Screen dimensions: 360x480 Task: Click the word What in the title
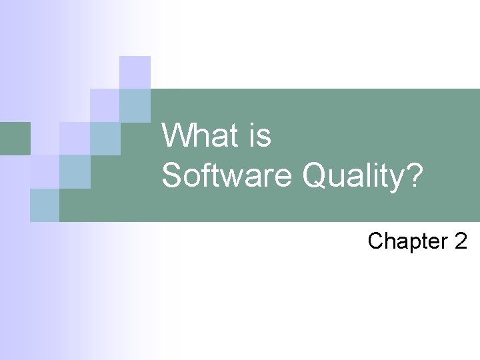click(x=198, y=136)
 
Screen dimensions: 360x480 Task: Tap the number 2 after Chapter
click(x=461, y=241)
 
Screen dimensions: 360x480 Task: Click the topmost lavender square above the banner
click(x=135, y=72)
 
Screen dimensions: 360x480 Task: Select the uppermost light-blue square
click(x=135, y=105)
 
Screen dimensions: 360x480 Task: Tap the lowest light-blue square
click(x=45, y=205)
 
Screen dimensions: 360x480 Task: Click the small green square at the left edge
click(x=15, y=138)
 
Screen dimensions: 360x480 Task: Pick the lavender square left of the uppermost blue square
click(x=105, y=105)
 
